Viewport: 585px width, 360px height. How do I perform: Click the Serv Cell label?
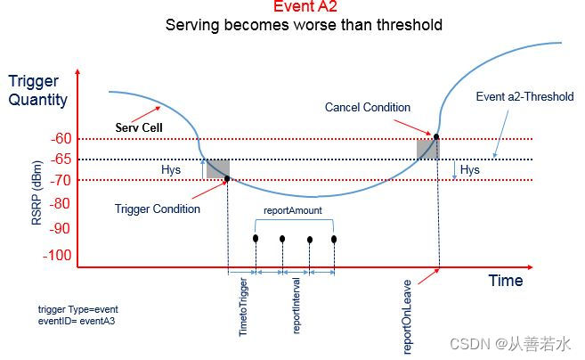tap(139, 127)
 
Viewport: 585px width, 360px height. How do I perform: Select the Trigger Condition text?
tap(158, 209)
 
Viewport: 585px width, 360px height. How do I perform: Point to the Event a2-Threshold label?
tap(524, 96)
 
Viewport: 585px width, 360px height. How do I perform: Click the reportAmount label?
tap(293, 211)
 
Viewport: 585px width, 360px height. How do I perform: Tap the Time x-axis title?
tap(505, 281)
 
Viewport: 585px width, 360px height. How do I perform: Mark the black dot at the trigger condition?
tap(227, 179)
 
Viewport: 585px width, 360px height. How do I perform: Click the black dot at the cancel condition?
tap(436, 136)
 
